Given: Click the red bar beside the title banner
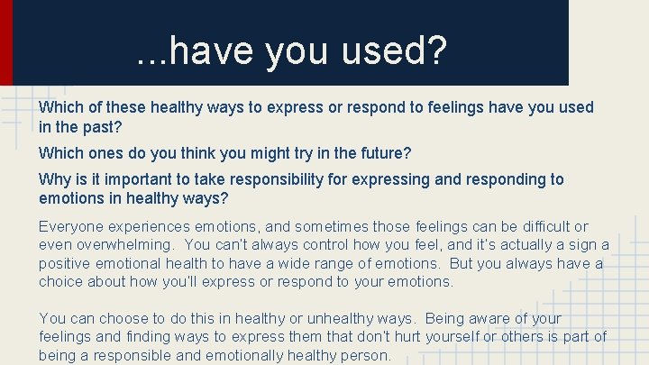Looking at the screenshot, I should pos(5,41).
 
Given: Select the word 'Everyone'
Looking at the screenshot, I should pos(69,226).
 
